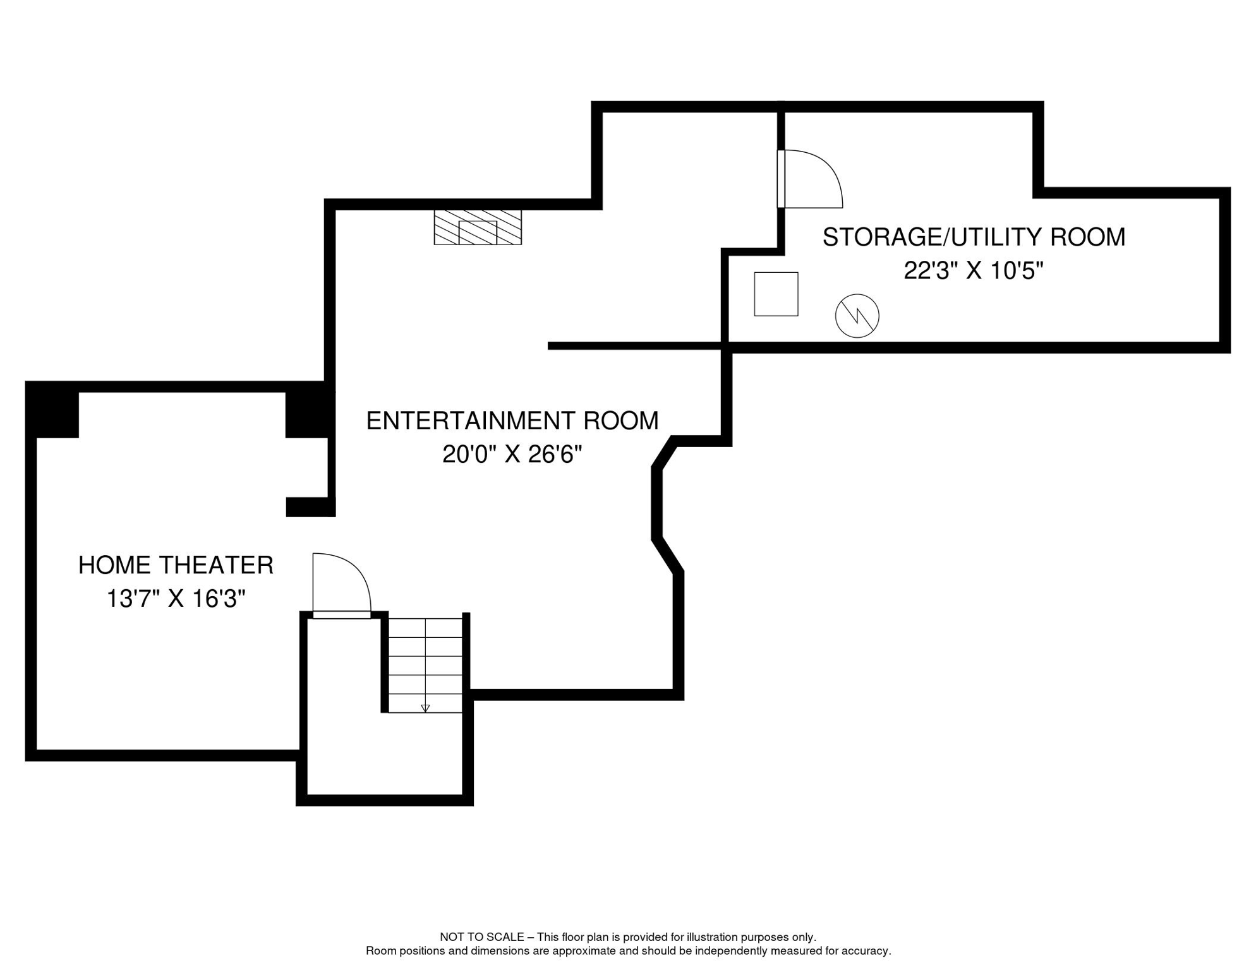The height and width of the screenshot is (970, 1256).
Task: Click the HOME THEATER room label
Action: (x=176, y=565)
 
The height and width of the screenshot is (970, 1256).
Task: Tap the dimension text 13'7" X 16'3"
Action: (x=176, y=599)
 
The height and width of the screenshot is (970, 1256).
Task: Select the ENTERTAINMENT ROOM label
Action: (x=512, y=421)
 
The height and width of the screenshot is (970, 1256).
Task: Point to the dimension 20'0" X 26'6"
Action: (x=512, y=454)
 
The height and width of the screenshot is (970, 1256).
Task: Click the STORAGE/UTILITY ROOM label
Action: (x=973, y=237)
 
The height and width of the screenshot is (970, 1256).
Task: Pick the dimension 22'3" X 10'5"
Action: (x=973, y=271)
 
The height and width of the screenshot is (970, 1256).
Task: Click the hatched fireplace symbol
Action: (x=478, y=227)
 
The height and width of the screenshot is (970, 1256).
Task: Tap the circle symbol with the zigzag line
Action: (x=857, y=316)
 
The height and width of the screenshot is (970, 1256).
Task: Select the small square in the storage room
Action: (x=776, y=294)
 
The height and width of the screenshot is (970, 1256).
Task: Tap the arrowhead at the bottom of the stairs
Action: (x=425, y=709)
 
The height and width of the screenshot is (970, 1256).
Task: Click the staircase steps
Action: (x=425, y=663)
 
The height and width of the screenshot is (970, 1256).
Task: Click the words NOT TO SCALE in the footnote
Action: (x=481, y=937)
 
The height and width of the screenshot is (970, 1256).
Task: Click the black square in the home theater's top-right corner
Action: (x=307, y=414)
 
